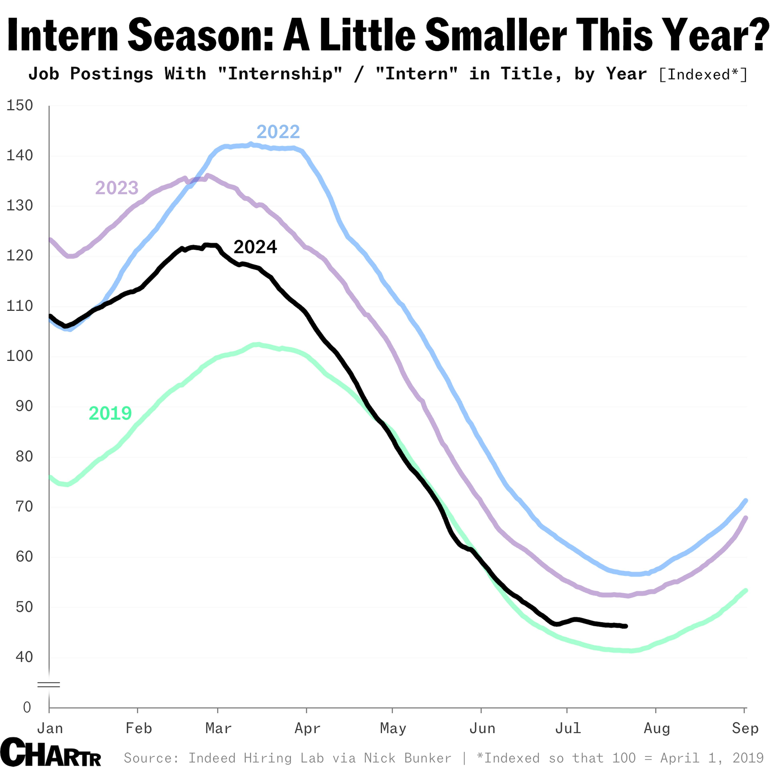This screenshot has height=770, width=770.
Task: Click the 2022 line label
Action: coord(278,132)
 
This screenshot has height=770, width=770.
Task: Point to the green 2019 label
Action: coord(110,413)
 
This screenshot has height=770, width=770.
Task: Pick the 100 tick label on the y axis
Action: coord(19,356)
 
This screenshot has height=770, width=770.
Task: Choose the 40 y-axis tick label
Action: coord(24,657)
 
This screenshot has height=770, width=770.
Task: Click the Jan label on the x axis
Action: coord(50,728)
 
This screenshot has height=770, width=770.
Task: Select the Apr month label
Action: coord(307,728)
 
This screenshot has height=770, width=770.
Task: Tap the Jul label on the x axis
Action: coord(568,728)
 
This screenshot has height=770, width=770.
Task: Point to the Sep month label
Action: coord(745,728)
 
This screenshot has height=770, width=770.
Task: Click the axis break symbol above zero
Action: coord(49,685)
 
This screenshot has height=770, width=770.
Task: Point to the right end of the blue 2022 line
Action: coord(746,500)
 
